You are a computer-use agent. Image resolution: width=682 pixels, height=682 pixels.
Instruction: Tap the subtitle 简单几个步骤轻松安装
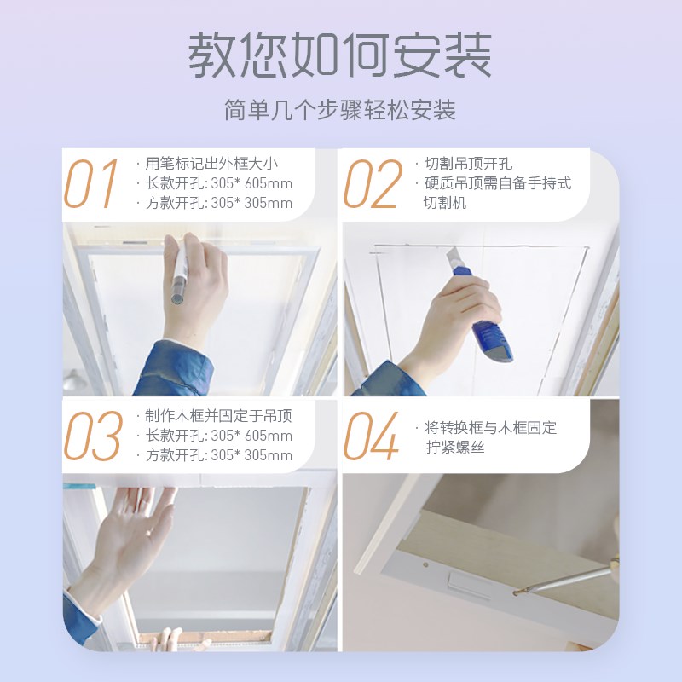(340, 111)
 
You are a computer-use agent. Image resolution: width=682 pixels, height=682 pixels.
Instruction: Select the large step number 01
(91, 183)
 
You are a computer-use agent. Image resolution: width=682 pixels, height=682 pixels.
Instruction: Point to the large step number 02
(373, 183)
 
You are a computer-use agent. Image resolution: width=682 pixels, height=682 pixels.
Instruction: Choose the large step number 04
(371, 436)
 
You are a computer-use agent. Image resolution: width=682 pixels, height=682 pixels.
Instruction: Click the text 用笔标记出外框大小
(212, 163)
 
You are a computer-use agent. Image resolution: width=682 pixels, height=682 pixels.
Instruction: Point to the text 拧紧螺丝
(455, 447)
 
